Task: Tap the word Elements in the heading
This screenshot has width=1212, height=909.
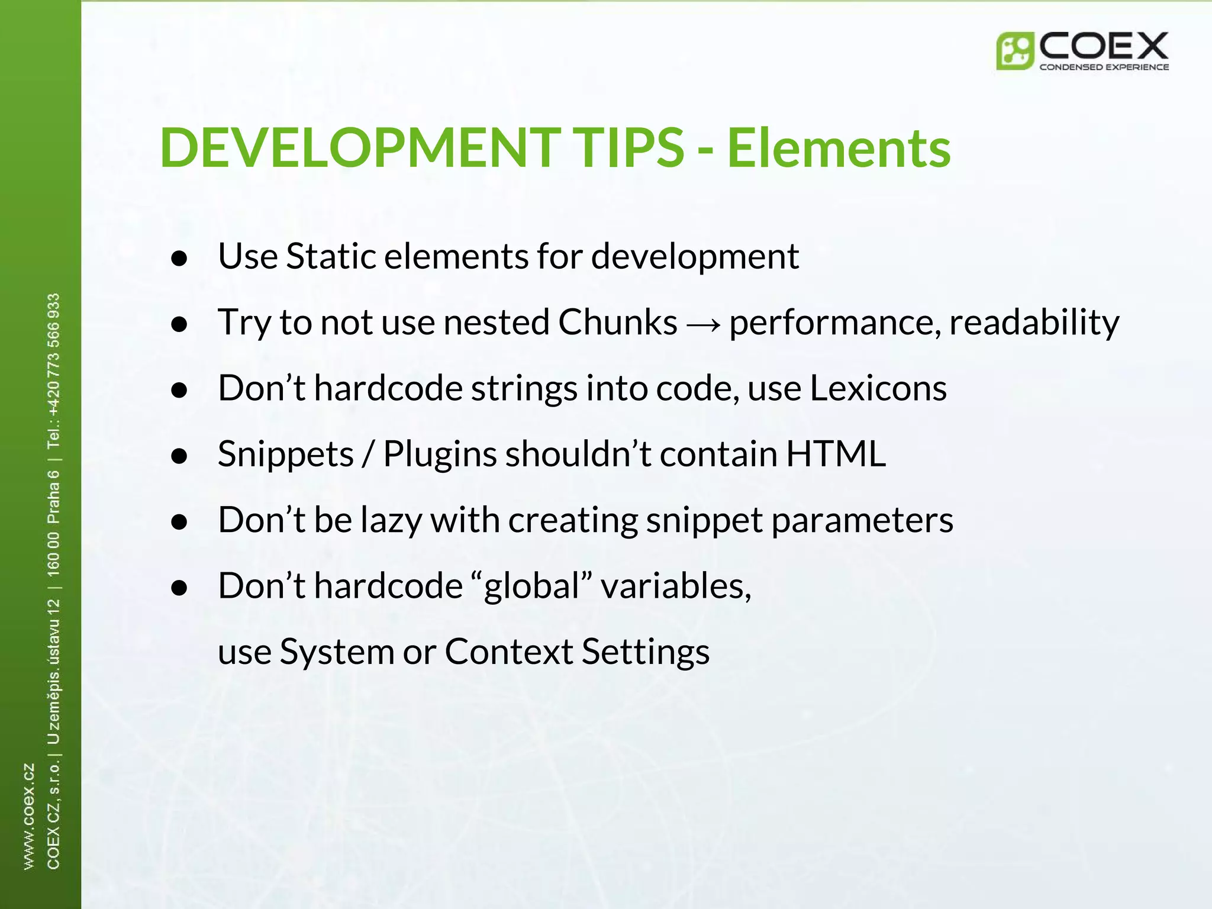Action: (x=839, y=148)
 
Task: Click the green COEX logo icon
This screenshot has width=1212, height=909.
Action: (x=1014, y=51)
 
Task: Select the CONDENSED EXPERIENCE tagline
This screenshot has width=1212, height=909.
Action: (x=1104, y=67)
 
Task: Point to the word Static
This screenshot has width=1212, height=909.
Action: (x=331, y=256)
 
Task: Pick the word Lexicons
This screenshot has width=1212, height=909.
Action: (x=878, y=388)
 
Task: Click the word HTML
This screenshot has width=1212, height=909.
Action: (x=836, y=454)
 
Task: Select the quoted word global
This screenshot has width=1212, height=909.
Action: (x=532, y=586)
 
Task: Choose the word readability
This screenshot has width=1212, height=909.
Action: (x=1034, y=323)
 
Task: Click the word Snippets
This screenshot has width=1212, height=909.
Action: (x=286, y=454)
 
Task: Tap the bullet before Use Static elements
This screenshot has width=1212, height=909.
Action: (x=179, y=259)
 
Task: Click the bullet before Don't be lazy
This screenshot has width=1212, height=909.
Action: (x=179, y=522)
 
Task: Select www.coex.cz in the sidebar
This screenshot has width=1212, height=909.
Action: (x=28, y=817)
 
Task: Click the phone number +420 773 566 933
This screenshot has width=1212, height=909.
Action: (x=53, y=355)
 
